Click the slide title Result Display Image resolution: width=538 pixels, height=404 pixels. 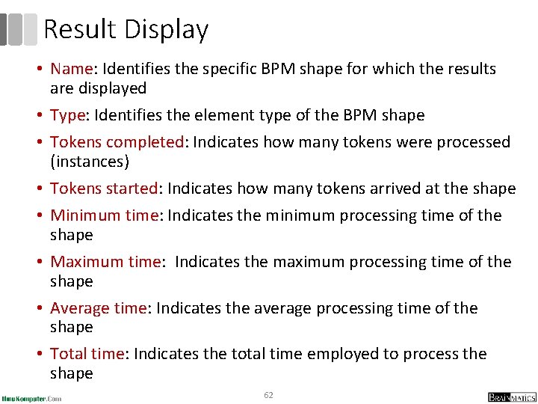tap(126, 30)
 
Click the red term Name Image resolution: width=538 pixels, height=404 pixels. tap(71, 69)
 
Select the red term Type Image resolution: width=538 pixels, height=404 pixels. tap(68, 115)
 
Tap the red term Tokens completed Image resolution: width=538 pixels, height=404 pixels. tap(117, 142)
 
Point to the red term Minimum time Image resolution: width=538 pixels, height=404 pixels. tap(104, 215)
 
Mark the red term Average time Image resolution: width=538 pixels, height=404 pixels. tap(99, 308)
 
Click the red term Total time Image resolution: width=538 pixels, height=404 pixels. tap(87, 354)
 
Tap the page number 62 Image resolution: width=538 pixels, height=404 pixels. tap(268, 394)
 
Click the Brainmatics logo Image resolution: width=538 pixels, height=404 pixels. tap(511, 397)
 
